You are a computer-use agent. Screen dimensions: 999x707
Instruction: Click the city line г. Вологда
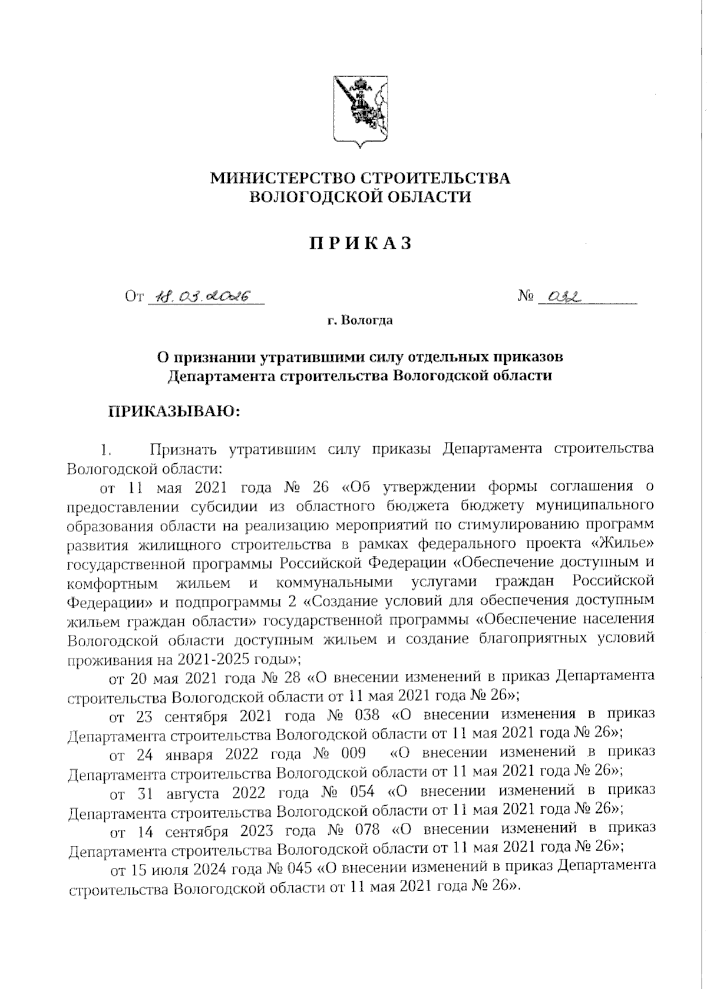(x=360, y=321)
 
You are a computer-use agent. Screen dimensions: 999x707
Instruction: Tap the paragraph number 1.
(x=106, y=450)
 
